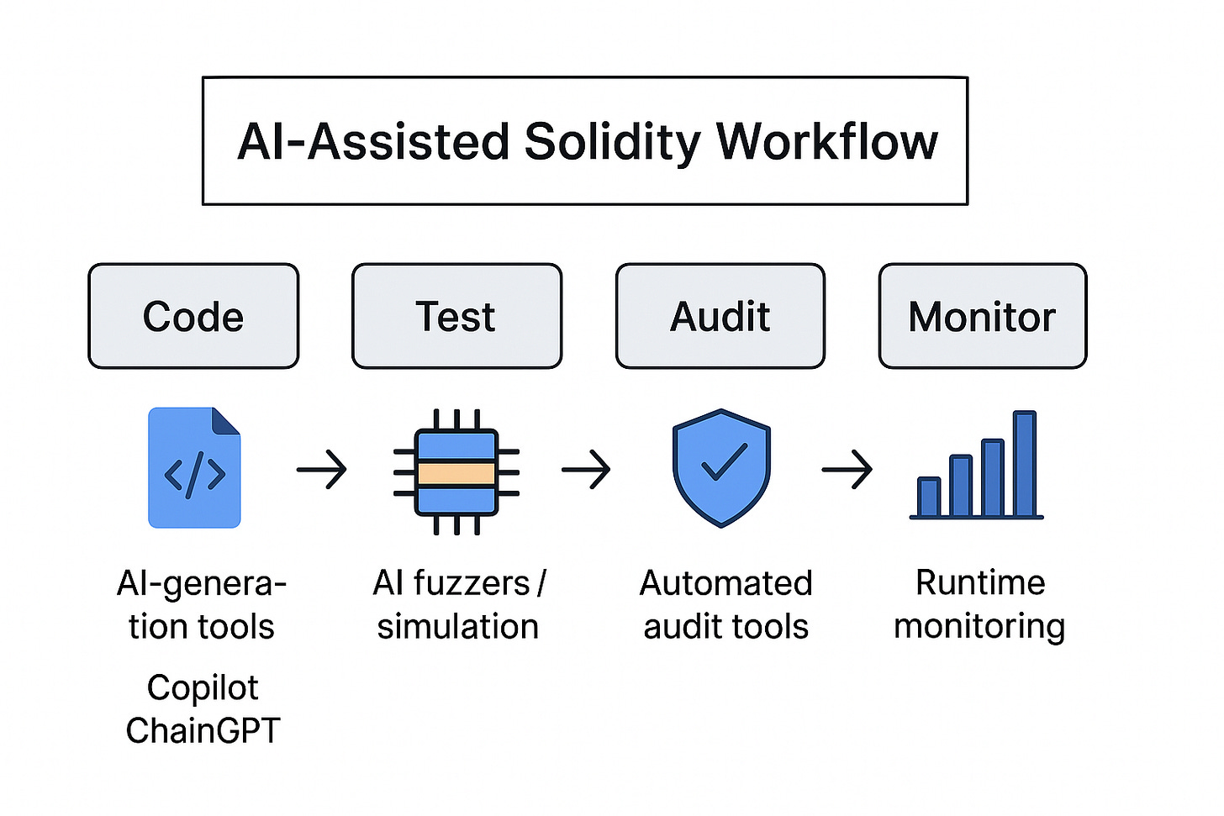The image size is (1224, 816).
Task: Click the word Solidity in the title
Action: tap(612, 141)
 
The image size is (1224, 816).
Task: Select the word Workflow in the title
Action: tap(827, 141)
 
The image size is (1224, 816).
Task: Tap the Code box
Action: tap(193, 316)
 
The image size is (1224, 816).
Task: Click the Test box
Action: tap(456, 316)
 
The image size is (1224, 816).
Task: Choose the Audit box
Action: tap(720, 316)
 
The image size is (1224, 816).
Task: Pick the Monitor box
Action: tap(982, 316)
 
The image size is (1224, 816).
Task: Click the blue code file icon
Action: tap(194, 468)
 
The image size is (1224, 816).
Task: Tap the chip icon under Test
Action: tap(456, 471)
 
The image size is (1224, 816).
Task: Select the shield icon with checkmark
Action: tap(721, 467)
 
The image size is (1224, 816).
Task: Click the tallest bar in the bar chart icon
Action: tap(1024, 464)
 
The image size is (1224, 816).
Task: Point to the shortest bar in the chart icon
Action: tap(929, 497)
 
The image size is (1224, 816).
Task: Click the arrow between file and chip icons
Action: tap(322, 469)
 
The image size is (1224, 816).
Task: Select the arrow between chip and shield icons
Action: tap(586, 469)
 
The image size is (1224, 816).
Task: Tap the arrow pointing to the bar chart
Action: tap(847, 469)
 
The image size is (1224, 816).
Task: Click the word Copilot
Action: tap(203, 688)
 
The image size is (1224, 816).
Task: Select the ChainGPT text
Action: tap(203, 730)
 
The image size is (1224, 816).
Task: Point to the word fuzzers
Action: tap(477, 583)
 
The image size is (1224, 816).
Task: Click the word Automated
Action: tap(725, 583)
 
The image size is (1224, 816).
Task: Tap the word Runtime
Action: tap(980, 582)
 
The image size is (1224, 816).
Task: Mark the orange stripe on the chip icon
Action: tap(456, 473)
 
